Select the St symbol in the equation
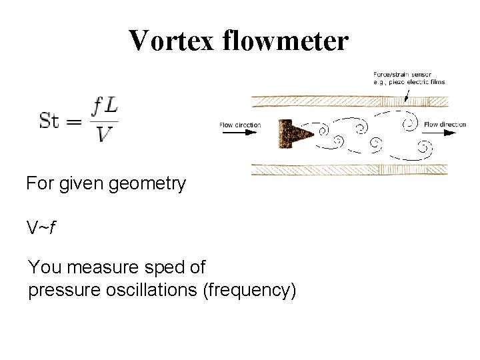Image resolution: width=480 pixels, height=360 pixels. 53,122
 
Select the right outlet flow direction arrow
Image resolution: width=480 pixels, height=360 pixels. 441,132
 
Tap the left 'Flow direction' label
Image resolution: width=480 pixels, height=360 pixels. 240,125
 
